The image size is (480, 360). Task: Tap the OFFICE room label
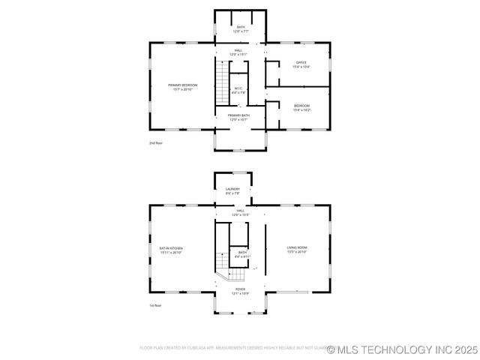pyautogui.click(x=302, y=62)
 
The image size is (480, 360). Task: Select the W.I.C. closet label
pyautogui.click(x=237, y=88)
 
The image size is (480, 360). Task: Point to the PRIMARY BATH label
pyautogui.click(x=240, y=115)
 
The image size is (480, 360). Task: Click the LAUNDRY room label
pyautogui.click(x=232, y=189)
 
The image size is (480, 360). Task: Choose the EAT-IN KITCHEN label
pyautogui.click(x=171, y=247)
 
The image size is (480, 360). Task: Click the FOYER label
pyautogui.click(x=240, y=289)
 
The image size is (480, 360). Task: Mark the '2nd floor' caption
pyautogui.click(x=156, y=142)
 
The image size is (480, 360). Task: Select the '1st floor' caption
pyautogui.click(x=156, y=305)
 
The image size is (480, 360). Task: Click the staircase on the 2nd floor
pyautogui.click(x=222, y=82)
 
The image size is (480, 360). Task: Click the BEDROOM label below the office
pyautogui.click(x=302, y=106)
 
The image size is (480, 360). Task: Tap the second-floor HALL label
pyautogui.click(x=238, y=50)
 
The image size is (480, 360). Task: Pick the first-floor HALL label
pyautogui.click(x=241, y=211)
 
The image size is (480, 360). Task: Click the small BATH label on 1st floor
pyautogui.click(x=242, y=253)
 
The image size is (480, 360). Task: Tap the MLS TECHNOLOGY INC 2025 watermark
pyautogui.click(x=402, y=349)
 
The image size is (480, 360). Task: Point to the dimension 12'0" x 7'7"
pyautogui.click(x=241, y=31)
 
